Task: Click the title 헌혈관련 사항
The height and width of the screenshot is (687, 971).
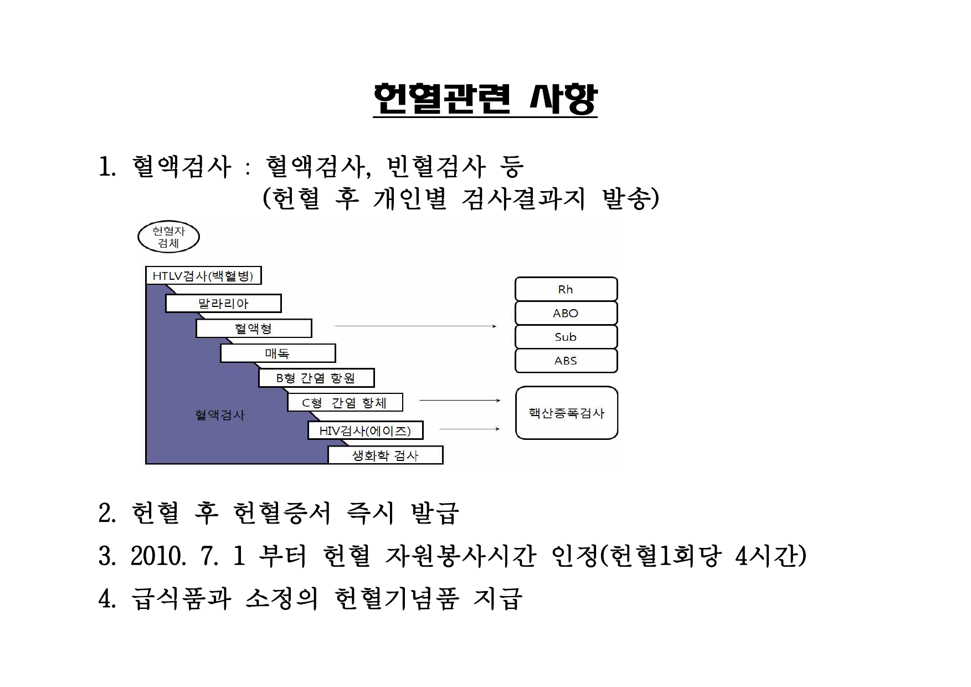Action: pos(485,100)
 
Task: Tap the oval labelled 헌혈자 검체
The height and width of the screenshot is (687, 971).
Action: pos(168,237)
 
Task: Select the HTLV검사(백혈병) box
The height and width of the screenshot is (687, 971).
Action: pos(203,275)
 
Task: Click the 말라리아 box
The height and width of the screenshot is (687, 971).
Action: pos(223,304)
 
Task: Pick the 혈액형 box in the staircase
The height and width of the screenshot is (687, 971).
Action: pos(254,329)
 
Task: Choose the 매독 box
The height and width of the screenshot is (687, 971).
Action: pos(278,353)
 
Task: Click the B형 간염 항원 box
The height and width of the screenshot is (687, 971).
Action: pos(316,378)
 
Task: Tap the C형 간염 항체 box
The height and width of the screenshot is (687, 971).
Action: pos(345,402)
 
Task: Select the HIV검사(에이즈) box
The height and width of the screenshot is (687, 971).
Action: pos(366,430)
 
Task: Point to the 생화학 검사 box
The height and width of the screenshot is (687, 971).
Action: pos(386,455)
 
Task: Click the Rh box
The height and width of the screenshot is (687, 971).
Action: pos(566,289)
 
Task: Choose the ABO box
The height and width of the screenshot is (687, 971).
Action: pos(566,313)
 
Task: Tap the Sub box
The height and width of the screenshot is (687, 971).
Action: pos(566,337)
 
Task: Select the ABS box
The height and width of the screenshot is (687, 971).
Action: pos(566,361)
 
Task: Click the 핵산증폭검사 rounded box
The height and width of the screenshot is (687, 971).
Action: pos(567,413)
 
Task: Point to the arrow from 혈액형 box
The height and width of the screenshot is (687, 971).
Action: pos(416,326)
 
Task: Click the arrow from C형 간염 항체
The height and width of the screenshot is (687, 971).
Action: pos(460,400)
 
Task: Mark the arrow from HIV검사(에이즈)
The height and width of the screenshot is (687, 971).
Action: pos(470,429)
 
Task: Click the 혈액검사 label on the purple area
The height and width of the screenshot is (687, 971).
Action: pos(220,415)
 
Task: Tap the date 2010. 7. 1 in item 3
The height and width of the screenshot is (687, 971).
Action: pos(188,556)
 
